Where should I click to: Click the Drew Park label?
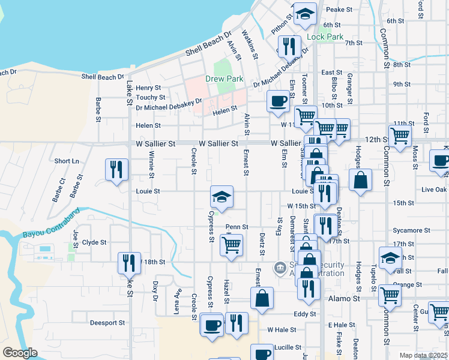[x=223, y=79]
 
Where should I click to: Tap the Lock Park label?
[x=325, y=37]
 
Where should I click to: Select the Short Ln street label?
[x=67, y=161]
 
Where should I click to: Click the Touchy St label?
[x=151, y=97]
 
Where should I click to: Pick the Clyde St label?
[x=94, y=242]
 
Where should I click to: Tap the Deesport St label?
[x=107, y=322]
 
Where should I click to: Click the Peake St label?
[x=339, y=10]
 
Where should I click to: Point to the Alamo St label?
[x=343, y=298]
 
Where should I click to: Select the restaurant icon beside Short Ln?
[x=116, y=169]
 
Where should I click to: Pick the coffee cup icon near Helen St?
[x=278, y=101]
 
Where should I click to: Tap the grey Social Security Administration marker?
[x=279, y=267]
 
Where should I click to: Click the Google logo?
[x=20, y=353]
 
